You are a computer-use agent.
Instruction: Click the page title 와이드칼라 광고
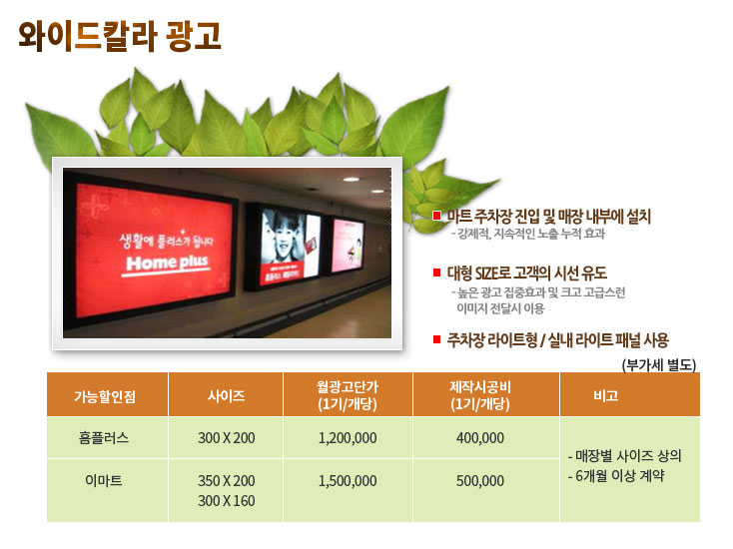pos(120,36)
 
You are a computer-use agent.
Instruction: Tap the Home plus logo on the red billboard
pos(167,264)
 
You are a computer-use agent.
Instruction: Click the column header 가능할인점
pos(105,396)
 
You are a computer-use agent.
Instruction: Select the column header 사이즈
pos(227,396)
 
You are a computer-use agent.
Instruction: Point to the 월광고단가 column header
pos(348,395)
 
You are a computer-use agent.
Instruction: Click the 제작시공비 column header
pos(480,395)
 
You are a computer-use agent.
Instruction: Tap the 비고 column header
pos(605,396)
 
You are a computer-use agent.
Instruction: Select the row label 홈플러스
pos(104,438)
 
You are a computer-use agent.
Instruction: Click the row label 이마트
pos(103,480)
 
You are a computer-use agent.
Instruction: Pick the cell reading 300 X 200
pos(227,438)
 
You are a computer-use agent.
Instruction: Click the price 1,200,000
pos(348,438)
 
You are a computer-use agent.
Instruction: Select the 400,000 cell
pos(480,438)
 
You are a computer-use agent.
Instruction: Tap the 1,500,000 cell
pos(348,481)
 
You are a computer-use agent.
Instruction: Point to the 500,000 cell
pos(480,481)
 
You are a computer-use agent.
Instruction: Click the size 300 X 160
pos(227,501)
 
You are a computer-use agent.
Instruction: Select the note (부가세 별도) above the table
pos(659,364)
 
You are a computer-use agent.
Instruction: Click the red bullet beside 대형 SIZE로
pos(436,273)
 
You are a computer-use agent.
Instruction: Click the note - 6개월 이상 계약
pos(616,476)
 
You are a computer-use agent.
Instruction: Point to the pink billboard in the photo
pos(348,245)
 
